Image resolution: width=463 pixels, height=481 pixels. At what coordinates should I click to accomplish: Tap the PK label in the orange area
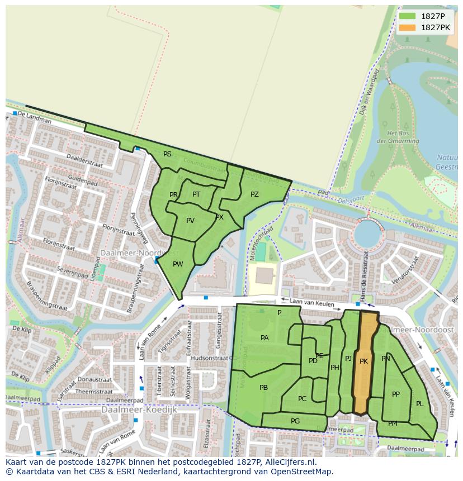(x=363, y=361)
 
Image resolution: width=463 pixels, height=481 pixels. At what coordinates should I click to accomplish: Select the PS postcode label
(x=167, y=154)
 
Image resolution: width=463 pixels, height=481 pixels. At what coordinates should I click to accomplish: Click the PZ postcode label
(x=254, y=194)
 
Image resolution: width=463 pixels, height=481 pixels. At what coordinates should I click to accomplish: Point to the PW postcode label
(x=178, y=264)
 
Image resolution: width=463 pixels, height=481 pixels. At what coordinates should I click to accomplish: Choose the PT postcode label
(x=196, y=194)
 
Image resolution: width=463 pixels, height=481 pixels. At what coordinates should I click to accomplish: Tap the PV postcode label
(x=190, y=221)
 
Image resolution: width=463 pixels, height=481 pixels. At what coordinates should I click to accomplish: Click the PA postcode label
(x=264, y=338)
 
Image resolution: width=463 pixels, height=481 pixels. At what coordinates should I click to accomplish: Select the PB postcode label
(x=263, y=388)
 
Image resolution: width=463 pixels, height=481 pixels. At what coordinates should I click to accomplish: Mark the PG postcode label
(x=295, y=421)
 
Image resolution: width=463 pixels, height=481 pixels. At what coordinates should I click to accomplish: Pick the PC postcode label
(x=302, y=399)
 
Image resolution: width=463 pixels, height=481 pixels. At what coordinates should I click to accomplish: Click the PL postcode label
(x=419, y=404)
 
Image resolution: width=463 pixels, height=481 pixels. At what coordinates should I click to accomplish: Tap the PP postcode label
(x=396, y=394)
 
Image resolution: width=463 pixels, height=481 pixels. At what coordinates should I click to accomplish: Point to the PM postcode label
(x=393, y=423)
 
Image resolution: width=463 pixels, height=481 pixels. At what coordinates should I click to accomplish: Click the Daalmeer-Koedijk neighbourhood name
(x=139, y=409)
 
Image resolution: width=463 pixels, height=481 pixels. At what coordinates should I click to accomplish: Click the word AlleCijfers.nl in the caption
(x=289, y=462)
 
